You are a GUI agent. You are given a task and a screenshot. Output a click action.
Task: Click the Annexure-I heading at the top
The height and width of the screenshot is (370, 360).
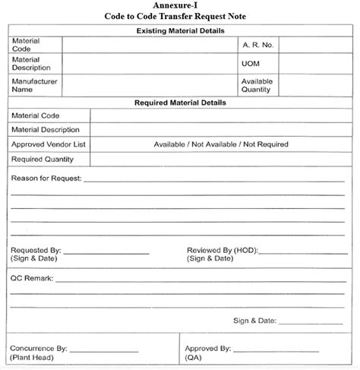180,5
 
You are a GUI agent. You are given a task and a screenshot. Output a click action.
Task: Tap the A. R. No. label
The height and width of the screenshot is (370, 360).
257,45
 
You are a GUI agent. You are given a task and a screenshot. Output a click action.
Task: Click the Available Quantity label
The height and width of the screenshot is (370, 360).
256,84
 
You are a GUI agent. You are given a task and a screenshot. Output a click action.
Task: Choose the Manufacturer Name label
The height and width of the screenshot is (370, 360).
35,84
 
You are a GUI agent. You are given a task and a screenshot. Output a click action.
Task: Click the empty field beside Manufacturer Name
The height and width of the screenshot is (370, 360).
149,84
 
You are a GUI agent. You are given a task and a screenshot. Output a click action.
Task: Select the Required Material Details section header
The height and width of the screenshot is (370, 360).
180,102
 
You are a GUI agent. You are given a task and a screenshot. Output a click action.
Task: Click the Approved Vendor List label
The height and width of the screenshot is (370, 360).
48,144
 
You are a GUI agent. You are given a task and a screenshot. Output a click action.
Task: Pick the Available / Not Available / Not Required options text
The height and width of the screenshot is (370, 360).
221,144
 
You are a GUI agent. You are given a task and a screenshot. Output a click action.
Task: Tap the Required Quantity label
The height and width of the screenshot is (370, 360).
43,160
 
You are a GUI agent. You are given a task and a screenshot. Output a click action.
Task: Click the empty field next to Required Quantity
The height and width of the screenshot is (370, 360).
220,160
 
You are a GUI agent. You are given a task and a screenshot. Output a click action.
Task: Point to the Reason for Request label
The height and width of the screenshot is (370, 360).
46,179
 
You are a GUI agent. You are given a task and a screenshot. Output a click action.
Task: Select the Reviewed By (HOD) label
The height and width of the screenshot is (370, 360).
219,250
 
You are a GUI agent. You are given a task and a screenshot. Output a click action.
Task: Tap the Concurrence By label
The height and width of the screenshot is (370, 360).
39,349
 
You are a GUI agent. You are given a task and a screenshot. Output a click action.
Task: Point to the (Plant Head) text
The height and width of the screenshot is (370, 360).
32,357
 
